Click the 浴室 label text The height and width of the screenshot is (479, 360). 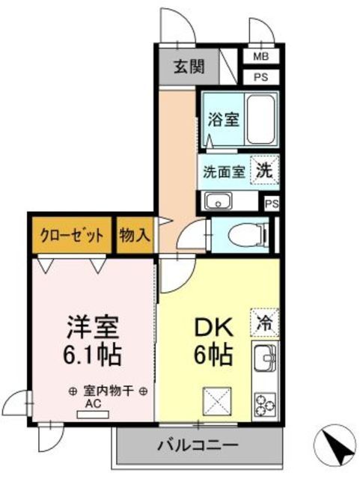point(222,119)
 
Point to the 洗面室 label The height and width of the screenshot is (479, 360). point(223,171)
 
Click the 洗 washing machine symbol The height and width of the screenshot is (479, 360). point(265,170)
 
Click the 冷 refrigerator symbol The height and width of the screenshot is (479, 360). point(264,323)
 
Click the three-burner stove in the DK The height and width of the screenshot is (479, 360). point(265,403)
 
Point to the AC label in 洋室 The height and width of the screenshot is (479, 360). point(92,404)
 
